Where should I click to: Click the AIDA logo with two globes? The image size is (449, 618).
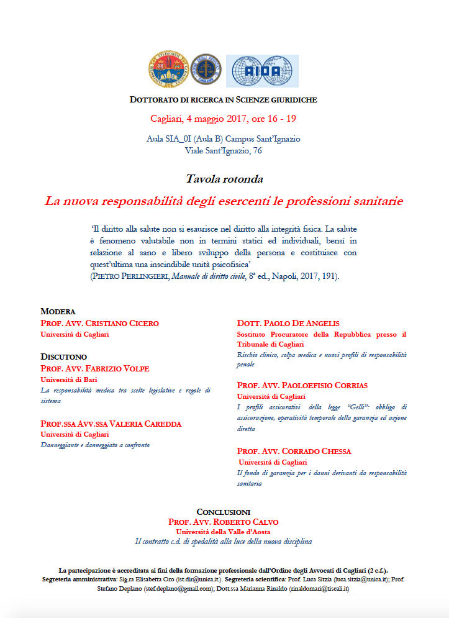(261, 71)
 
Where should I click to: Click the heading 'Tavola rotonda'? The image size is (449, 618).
(224, 179)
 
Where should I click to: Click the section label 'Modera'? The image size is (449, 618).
(58, 311)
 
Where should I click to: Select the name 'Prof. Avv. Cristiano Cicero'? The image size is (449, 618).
(99, 323)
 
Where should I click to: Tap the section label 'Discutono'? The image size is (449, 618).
(64, 357)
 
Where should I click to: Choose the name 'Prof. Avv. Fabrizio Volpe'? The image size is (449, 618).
(95, 368)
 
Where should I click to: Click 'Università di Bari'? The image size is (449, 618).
(69, 379)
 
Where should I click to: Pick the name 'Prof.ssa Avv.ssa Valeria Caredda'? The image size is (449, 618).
(111, 424)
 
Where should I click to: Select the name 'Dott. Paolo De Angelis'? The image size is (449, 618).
(288, 323)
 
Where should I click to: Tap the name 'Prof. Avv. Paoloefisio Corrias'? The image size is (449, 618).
(302, 385)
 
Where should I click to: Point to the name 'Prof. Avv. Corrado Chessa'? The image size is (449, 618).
(294, 451)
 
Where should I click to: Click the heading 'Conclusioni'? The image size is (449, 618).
(224, 511)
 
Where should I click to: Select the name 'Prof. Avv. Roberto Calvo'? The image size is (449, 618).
(224, 522)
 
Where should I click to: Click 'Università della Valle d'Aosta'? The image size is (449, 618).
(224, 532)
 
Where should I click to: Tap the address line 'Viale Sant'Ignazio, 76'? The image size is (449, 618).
(224, 150)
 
